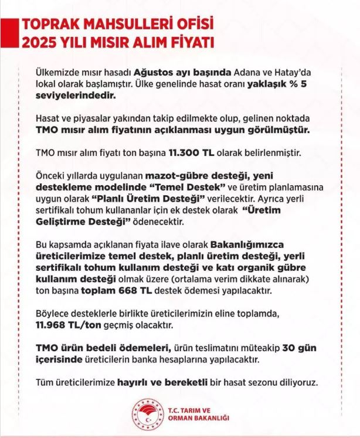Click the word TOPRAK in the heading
(x=47, y=25)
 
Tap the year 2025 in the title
(x=38, y=43)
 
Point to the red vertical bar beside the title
(x=13, y=33)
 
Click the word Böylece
(x=52, y=313)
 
